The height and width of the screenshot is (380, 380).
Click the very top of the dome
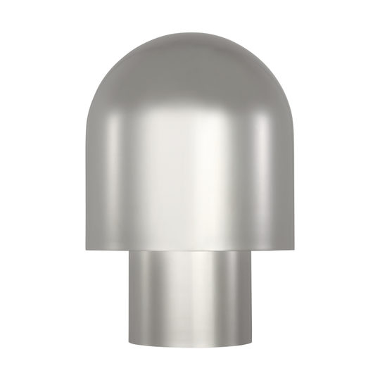click(x=190, y=31)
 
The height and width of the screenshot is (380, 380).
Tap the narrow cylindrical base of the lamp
click(x=190, y=303)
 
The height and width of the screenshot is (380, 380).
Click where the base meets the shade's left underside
click(x=129, y=251)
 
